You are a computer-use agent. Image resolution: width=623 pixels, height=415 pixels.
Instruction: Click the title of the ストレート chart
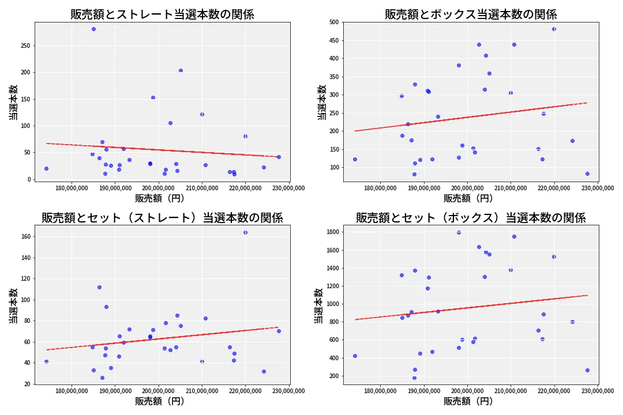click(x=162, y=14)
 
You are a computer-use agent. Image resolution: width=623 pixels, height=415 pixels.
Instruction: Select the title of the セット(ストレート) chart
click(x=162, y=218)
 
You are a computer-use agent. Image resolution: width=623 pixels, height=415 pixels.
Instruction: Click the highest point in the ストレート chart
click(x=93, y=29)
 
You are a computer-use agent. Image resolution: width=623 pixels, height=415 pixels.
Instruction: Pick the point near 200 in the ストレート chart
click(x=181, y=70)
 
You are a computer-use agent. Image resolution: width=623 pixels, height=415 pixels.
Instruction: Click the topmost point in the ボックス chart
click(x=554, y=29)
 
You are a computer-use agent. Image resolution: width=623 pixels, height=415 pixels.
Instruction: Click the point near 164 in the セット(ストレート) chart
click(x=245, y=232)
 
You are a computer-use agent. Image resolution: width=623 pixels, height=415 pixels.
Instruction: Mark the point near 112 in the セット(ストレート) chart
click(x=99, y=287)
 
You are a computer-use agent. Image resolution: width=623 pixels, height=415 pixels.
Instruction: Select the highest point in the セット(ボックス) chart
click(x=459, y=232)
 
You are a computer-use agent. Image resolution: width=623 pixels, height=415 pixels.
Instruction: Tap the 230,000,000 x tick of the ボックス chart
click(x=598, y=188)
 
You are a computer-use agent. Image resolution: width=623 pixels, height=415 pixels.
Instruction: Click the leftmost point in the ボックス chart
click(x=355, y=159)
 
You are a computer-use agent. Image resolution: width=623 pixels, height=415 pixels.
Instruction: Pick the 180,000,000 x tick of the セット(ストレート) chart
click(x=72, y=391)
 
